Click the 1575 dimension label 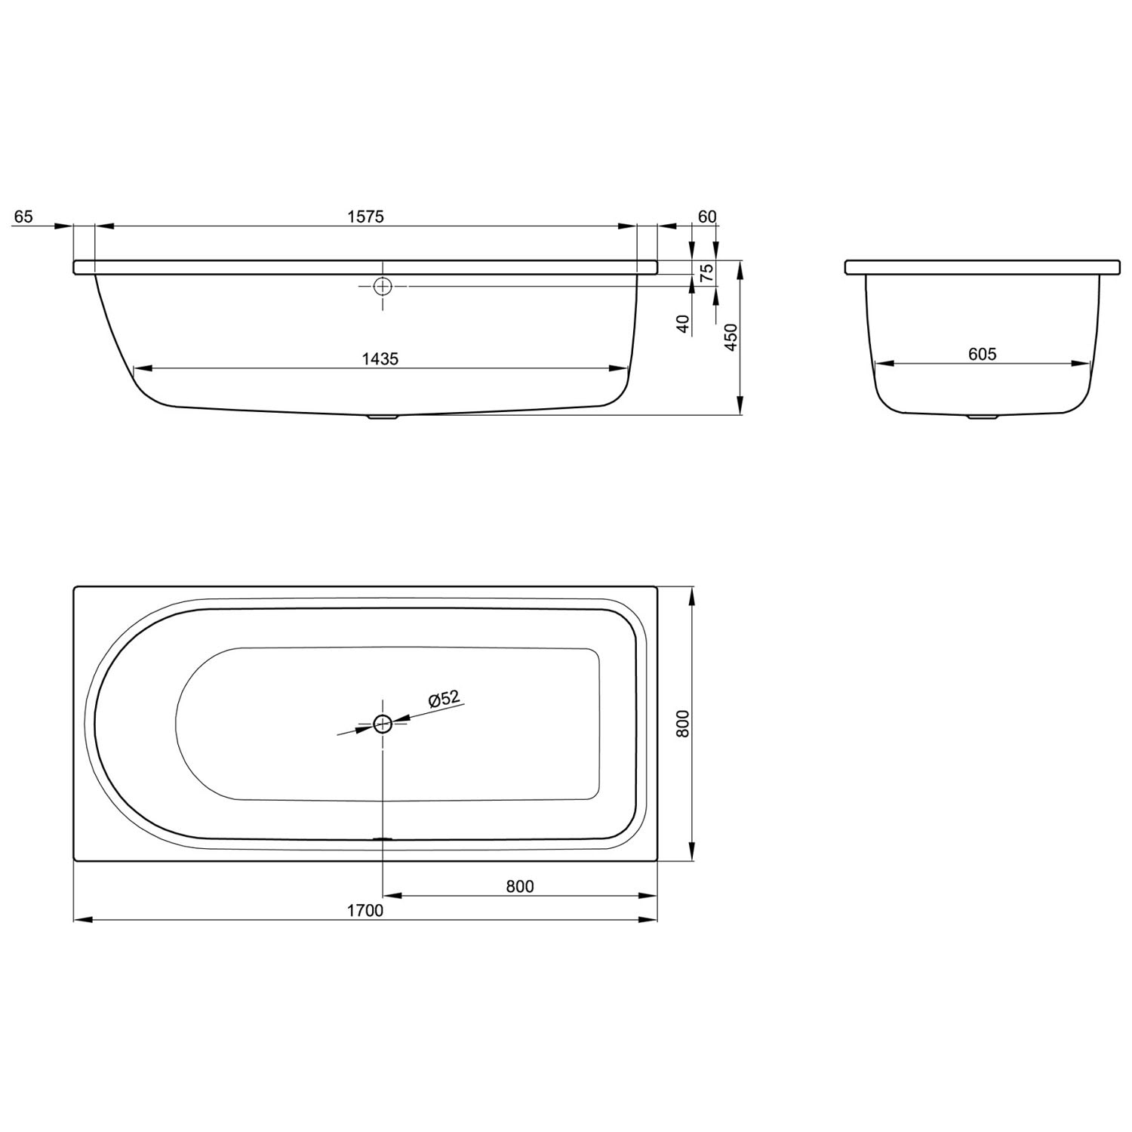click(366, 217)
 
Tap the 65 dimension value click(24, 217)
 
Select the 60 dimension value click(707, 217)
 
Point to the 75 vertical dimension click(707, 272)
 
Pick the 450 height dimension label click(730, 338)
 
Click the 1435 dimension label click(380, 359)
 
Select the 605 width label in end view click(983, 354)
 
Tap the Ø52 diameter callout click(444, 700)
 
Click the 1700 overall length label click(365, 911)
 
